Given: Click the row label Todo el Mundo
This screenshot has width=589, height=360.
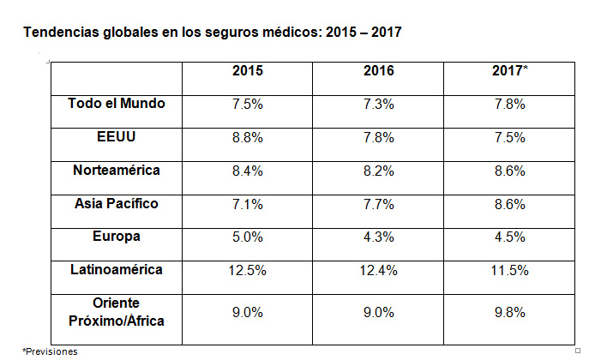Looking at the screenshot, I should coord(117,103).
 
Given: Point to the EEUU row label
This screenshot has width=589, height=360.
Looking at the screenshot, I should coord(117,136).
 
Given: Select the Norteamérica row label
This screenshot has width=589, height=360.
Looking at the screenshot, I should coord(117,170).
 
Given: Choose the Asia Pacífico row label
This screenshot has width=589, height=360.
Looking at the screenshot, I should coord(117,203).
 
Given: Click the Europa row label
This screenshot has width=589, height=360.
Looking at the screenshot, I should coord(117,236).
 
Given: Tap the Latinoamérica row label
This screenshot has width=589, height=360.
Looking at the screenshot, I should coord(117,269).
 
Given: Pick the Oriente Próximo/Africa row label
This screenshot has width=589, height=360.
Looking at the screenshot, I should coord(117,311).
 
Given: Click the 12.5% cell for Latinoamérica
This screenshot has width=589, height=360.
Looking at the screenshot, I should coord(248,271).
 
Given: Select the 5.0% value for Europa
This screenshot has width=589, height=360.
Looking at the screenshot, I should coord(248,237).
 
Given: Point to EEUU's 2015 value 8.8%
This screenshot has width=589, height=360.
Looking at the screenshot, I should coord(248,138).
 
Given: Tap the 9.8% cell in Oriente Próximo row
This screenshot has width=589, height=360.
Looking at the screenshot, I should coord(510,313).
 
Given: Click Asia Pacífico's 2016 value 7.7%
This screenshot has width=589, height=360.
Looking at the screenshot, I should coord(379,205).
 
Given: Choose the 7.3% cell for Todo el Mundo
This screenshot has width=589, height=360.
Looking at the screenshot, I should coord(379,105).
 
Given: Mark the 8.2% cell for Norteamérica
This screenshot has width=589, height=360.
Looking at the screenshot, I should coord(379,171).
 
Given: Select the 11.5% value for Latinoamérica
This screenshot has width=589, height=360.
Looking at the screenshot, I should coord(510,271).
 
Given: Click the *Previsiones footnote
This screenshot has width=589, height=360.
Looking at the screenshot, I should coord(50,351).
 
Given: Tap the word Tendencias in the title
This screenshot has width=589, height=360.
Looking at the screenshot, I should coord(62,33).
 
